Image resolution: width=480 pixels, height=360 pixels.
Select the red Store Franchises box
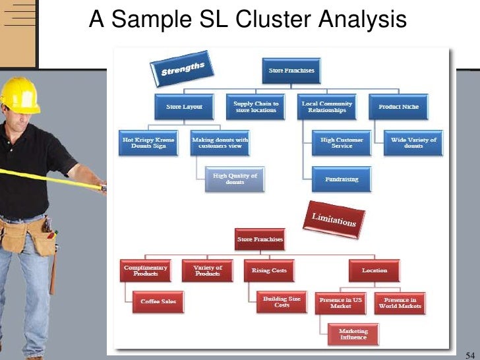(x=260, y=239)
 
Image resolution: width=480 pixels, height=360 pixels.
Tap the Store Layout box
(x=184, y=107)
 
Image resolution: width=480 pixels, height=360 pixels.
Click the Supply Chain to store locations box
(x=256, y=107)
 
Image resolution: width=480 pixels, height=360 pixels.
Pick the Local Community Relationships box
(x=327, y=107)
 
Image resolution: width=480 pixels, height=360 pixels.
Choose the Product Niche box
(x=398, y=107)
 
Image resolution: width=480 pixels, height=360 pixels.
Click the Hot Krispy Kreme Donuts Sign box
(x=149, y=143)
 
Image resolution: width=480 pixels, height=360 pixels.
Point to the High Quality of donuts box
(x=235, y=179)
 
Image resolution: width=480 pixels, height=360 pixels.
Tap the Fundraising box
(x=342, y=179)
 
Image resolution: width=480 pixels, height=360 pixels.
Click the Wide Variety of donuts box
(x=413, y=143)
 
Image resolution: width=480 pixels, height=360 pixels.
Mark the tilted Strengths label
(x=183, y=69)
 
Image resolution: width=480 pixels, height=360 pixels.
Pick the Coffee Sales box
(x=158, y=301)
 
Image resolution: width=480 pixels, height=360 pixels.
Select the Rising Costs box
(x=269, y=270)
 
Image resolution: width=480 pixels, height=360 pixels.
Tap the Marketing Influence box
(x=353, y=334)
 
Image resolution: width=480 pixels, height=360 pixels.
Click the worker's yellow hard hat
(x=20, y=94)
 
